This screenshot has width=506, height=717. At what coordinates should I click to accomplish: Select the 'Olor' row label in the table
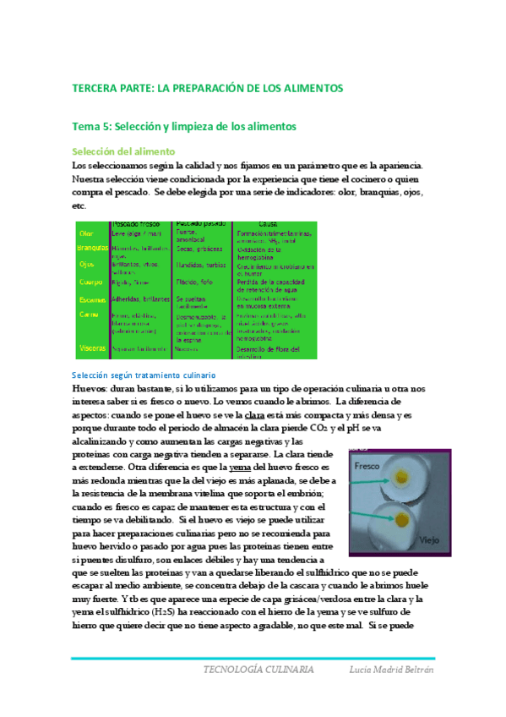[85, 233]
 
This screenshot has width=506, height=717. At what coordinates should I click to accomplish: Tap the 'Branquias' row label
[92, 249]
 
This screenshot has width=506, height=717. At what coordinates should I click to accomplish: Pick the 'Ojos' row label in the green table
[86, 265]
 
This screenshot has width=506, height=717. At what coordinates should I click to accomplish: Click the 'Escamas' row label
[91, 299]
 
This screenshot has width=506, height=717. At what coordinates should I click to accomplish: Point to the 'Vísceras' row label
[91, 348]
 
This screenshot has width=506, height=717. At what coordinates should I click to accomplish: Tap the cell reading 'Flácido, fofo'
[193, 282]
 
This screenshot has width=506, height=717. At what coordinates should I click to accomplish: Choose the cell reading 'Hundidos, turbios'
[200, 265]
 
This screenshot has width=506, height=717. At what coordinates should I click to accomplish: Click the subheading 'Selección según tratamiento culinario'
[143, 374]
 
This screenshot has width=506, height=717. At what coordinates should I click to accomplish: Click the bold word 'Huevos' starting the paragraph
[90, 388]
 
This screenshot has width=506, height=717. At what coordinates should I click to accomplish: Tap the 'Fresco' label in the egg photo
[370, 466]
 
